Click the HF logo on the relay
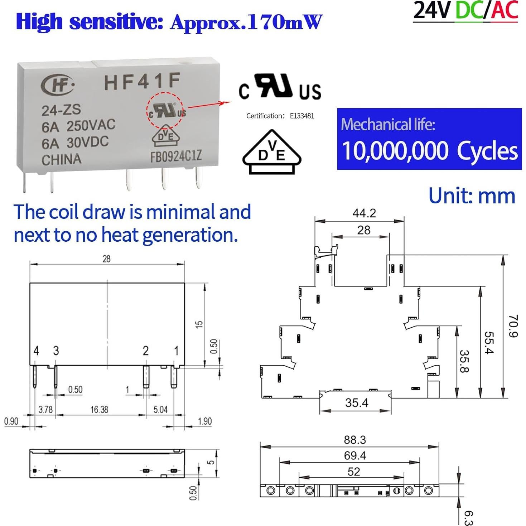(x=58, y=85)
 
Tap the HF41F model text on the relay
(x=142, y=82)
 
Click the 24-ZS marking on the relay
(x=61, y=110)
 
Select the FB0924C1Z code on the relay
(x=176, y=156)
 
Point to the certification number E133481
(x=302, y=116)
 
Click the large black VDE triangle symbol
(x=272, y=153)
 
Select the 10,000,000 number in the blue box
(x=395, y=151)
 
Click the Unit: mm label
(x=472, y=196)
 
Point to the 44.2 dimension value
(x=364, y=213)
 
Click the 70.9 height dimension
(x=513, y=326)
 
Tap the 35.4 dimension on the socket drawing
(x=357, y=403)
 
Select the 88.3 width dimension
(x=355, y=440)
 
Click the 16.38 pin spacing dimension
(x=99, y=409)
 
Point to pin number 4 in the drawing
(x=36, y=351)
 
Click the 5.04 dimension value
(x=160, y=409)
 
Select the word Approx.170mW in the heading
(x=246, y=23)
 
